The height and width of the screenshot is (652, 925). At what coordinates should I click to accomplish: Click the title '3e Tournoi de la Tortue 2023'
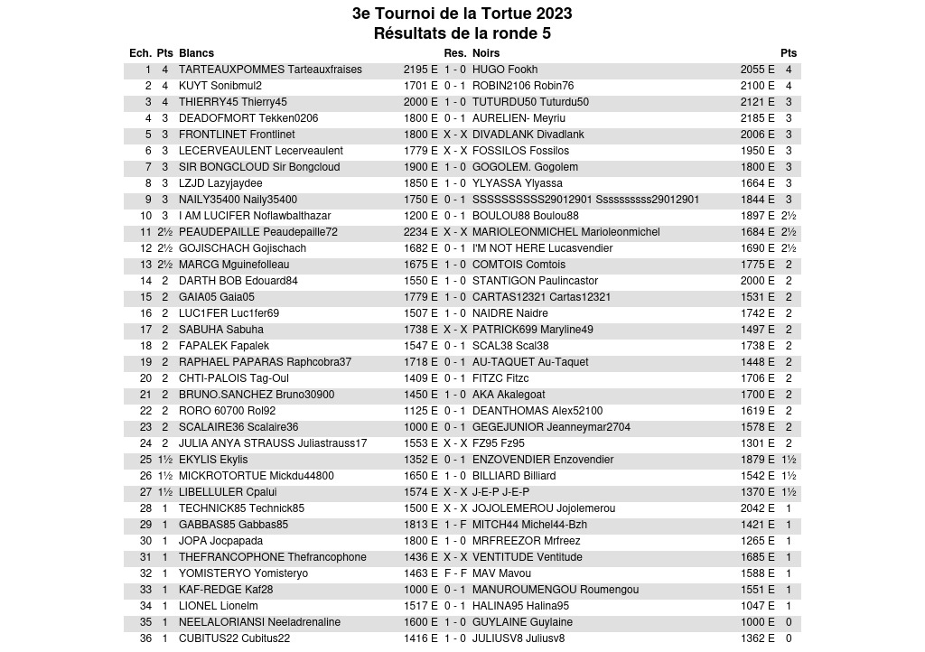point(462,14)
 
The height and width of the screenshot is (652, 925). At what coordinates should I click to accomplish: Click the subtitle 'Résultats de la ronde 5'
point(462,33)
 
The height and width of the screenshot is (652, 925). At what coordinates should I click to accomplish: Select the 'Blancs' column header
point(196,53)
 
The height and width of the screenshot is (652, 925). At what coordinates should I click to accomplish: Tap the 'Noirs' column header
point(486,53)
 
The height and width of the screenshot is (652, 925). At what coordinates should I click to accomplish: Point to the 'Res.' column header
point(454,53)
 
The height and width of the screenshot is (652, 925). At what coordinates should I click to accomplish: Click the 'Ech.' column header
point(140,53)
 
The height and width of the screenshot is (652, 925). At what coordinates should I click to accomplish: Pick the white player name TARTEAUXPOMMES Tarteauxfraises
point(270,70)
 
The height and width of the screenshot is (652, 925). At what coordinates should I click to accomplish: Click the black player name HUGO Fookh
point(505,70)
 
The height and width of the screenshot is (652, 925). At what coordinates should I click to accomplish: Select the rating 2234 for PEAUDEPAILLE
point(416,232)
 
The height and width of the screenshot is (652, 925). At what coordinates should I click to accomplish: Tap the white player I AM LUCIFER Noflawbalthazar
point(255,216)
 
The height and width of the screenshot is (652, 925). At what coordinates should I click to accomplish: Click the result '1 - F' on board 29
point(454,525)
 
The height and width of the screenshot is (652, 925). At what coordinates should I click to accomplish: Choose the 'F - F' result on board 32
point(454,573)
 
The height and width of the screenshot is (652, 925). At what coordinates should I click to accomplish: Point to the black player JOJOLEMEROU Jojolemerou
point(544,508)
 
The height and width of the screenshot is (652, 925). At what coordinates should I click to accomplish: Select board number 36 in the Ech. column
point(145,638)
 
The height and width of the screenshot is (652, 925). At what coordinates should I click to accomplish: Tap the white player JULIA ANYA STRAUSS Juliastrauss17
point(273,443)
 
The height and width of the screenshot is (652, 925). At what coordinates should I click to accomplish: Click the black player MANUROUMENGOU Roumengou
point(556,590)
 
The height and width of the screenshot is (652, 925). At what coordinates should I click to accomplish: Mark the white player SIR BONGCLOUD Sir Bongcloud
point(259,167)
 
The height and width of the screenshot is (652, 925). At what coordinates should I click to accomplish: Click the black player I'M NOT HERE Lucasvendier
point(542,248)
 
